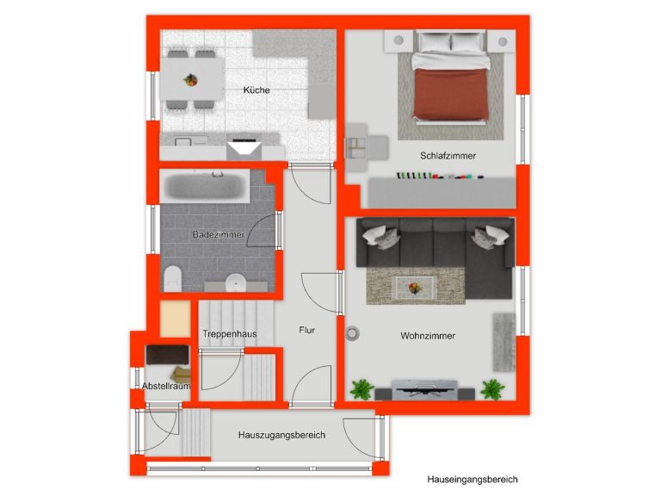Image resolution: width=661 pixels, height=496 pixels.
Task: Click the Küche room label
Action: point(256,90)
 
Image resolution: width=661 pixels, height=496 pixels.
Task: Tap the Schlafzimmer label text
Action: point(448,156)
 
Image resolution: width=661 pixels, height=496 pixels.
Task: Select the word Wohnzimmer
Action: point(428,336)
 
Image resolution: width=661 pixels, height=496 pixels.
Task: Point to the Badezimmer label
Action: point(219,234)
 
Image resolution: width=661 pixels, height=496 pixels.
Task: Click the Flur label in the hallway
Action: point(307,331)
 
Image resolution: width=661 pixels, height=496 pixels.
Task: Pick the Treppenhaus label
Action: point(229,334)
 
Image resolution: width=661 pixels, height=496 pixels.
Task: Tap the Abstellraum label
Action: point(166,386)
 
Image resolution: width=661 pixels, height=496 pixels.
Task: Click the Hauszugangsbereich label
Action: point(281,435)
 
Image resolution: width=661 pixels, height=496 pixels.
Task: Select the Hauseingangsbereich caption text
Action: point(473,480)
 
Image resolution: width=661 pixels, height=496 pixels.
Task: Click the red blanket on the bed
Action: point(451,94)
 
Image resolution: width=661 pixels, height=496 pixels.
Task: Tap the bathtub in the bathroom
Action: point(206,186)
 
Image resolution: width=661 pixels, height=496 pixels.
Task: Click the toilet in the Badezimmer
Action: point(172,278)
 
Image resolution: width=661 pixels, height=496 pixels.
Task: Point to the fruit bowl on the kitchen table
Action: point(190,79)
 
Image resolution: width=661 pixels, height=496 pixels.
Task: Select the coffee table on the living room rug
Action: point(415,288)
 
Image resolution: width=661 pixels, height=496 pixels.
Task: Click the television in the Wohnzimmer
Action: point(424,390)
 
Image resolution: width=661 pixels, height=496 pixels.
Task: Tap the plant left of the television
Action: point(361,389)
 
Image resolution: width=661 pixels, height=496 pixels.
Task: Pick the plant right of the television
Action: point(492,389)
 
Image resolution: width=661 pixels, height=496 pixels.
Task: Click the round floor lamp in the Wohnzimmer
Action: point(352,333)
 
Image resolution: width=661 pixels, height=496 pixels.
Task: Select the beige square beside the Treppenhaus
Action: point(175,319)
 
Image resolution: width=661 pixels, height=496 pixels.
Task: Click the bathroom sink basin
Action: point(236,282)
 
